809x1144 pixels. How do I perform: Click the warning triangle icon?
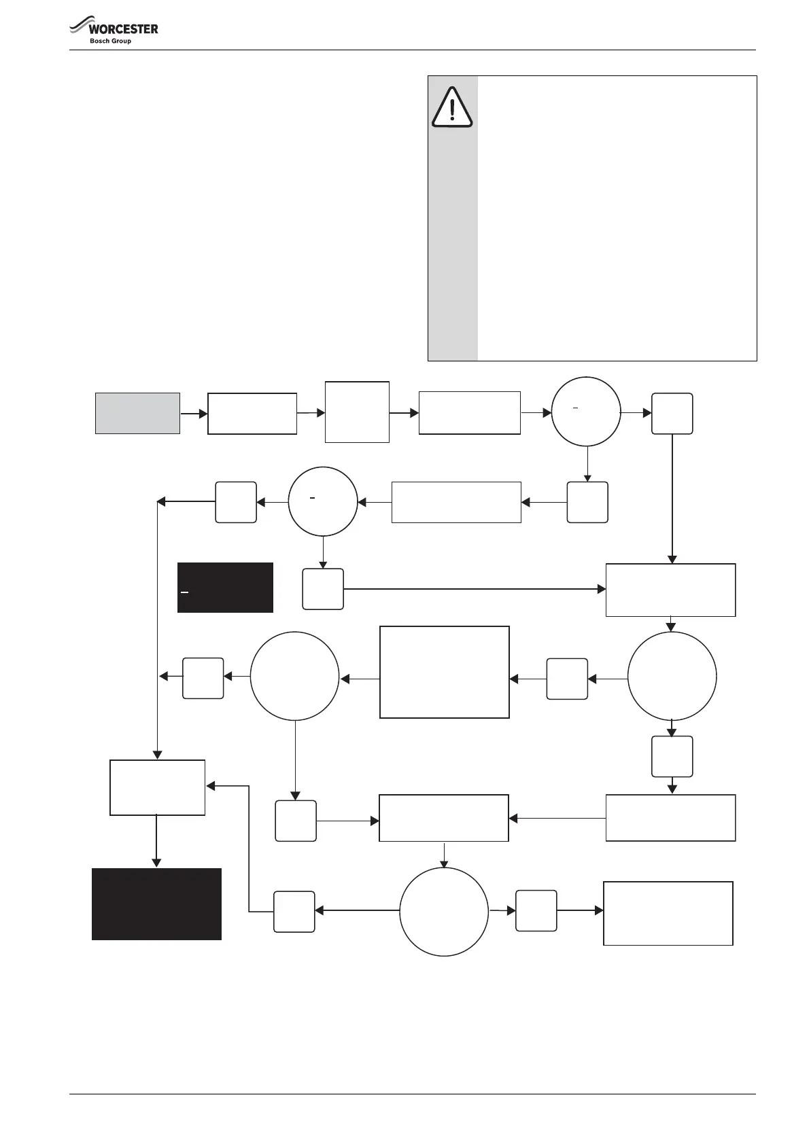tap(452, 108)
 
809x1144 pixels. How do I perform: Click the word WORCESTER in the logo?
tap(124, 29)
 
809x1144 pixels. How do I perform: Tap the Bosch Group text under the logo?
tap(110, 41)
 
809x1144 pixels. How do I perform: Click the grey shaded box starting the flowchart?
tap(137, 413)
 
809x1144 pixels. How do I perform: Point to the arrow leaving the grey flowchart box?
tap(194, 413)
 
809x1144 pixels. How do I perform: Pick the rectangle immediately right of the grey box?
tap(252, 413)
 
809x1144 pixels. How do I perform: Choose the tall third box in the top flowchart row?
tap(357, 412)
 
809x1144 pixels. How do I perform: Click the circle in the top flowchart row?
tap(585, 412)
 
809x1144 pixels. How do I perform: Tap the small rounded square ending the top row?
tap(672, 413)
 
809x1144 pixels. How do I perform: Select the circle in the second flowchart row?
tap(323, 501)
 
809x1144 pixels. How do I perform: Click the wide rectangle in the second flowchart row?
tap(456, 502)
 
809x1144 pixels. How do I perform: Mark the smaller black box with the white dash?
tap(225, 588)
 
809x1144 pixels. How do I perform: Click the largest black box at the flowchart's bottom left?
tap(156, 904)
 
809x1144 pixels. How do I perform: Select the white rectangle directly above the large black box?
tap(157, 787)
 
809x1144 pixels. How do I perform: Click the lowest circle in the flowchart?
tap(444, 912)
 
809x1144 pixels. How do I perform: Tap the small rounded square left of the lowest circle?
tap(294, 912)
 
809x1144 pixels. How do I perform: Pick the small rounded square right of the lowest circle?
tap(536, 910)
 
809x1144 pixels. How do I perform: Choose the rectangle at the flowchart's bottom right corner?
tap(668, 913)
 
